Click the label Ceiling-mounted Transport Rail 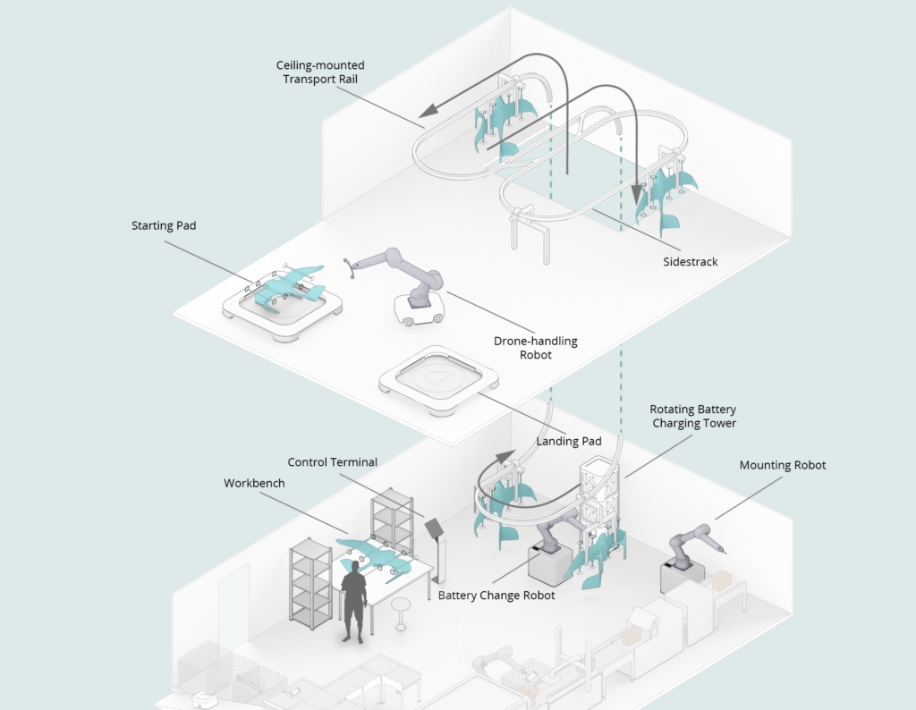pos(320,72)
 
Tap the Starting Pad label pos(164,226)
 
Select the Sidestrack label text pos(691,262)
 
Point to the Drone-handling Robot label pos(536,348)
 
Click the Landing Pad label pos(568,441)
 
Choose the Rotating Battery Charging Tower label pos(694,416)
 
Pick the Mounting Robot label pos(782,465)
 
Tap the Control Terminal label pos(333,462)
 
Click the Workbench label pos(254,483)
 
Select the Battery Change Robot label pos(496,596)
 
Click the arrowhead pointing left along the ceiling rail pos(428,110)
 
